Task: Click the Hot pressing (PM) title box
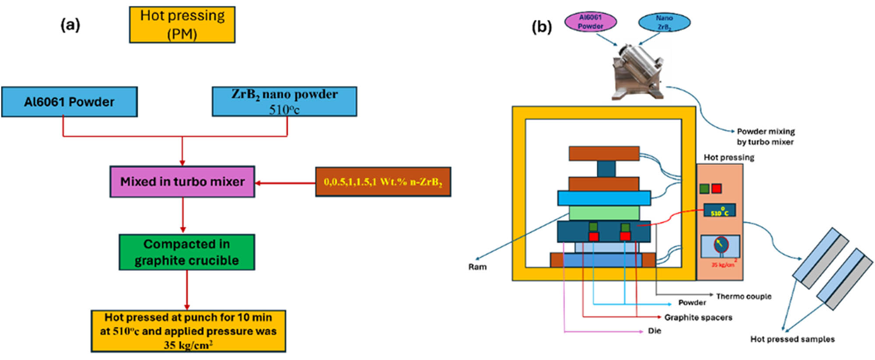(182, 24)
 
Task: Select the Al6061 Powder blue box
(69, 102)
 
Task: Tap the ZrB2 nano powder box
(284, 101)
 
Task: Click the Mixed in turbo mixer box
(182, 182)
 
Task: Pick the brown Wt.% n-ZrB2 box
(383, 182)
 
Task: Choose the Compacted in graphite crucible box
(187, 252)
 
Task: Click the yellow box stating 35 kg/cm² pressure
(188, 331)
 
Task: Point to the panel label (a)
(70, 25)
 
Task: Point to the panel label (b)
(542, 27)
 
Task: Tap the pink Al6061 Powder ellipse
(590, 22)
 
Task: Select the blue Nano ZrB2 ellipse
(664, 22)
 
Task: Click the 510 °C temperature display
(719, 211)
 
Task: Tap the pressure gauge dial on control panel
(721, 245)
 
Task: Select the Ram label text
(477, 267)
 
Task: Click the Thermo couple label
(743, 297)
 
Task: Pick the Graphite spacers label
(698, 318)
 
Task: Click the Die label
(654, 331)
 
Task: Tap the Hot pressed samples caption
(792, 339)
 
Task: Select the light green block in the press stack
(604, 213)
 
